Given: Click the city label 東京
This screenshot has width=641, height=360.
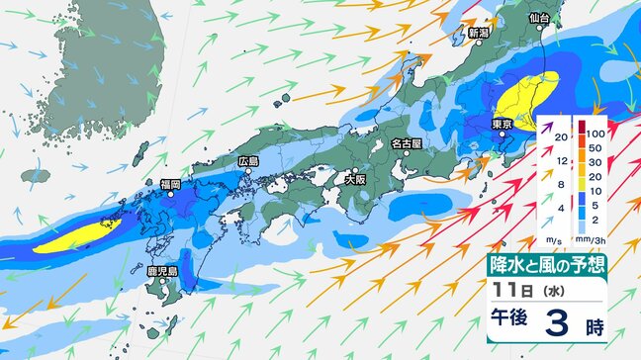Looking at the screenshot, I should tap(502, 124).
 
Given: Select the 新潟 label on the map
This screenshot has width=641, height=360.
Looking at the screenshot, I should tap(479, 33).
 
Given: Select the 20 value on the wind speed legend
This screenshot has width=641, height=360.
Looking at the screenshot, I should tap(561, 136).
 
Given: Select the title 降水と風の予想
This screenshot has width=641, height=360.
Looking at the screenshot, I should tap(547, 265).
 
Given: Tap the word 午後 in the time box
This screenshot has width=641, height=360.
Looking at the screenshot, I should tap(513, 323).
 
